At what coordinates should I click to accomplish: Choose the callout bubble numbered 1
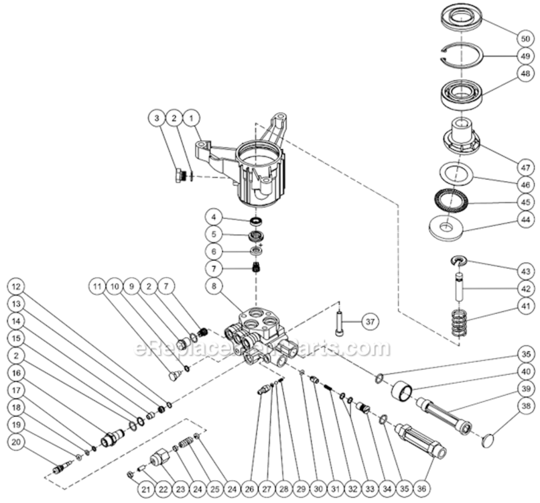point(192,118)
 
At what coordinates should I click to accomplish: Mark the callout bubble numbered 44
point(525,219)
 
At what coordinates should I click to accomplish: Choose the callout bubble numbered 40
point(525,370)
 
